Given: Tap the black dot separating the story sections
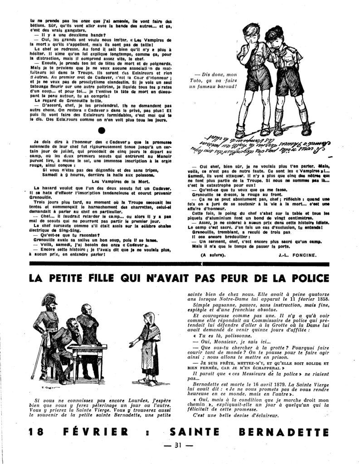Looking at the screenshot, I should click(102, 130).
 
